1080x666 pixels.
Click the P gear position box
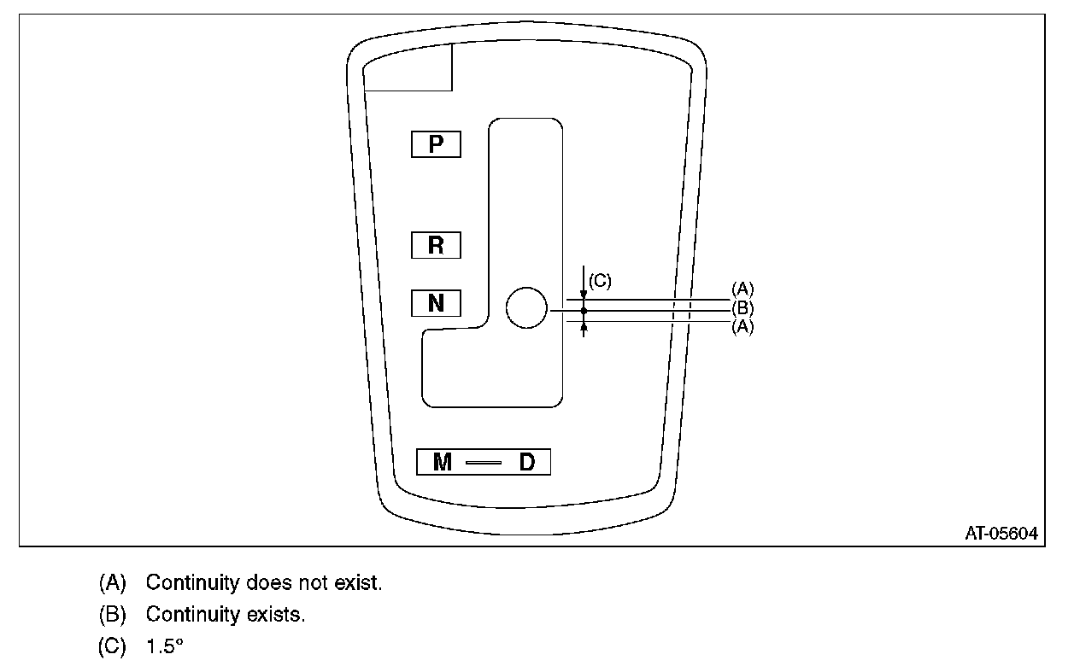[x=436, y=144]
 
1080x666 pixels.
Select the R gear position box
[x=436, y=246]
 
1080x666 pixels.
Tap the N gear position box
[x=436, y=303]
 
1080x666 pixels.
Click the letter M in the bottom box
[x=443, y=462]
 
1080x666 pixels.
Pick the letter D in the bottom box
[x=527, y=462]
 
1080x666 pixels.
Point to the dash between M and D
[x=484, y=463]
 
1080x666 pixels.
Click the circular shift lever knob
[x=526, y=308]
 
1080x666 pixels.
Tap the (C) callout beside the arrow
[x=600, y=281]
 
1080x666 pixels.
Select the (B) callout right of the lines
[x=742, y=308]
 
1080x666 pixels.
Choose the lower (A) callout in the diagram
[x=742, y=327]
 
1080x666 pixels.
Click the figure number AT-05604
[x=1001, y=534]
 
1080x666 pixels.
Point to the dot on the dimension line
[x=584, y=311]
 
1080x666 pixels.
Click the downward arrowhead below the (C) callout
[x=584, y=295]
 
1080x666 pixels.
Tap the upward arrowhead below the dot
[x=584, y=325]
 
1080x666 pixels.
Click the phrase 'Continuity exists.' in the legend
[x=225, y=614]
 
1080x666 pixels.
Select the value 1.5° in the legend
[x=165, y=646]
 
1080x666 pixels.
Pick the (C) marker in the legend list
[x=113, y=646]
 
